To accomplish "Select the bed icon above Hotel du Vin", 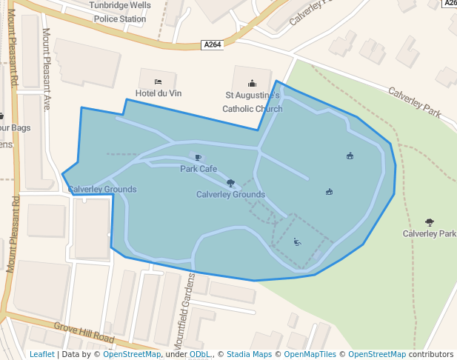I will pyautogui.click(x=158, y=81).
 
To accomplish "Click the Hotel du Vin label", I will pyautogui.click(x=158, y=93).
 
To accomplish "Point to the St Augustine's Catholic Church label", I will pyautogui.click(x=253, y=102).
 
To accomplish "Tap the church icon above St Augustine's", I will pyautogui.click(x=253, y=83).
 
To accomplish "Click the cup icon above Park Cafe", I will pyautogui.click(x=198, y=157).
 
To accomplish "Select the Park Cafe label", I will pyautogui.click(x=199, y=169).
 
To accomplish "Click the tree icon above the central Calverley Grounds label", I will pyautogui.click(x=230, y=182).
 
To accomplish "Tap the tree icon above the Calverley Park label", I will pyautogui.click(x=430, y=221).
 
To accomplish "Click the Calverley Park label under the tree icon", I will pyautogui.click(x=430, y=233).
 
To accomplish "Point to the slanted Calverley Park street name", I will pyautogui.click(x=415, y=101).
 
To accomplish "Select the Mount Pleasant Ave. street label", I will pyautogui.click(x=46, y=69).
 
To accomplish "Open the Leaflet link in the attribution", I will pyautogui.click(x=42, y=354).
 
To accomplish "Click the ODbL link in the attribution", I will pyautogui.click(x=200, y=354).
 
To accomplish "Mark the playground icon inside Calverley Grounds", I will pyautogui.click(x=297, y=241).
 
